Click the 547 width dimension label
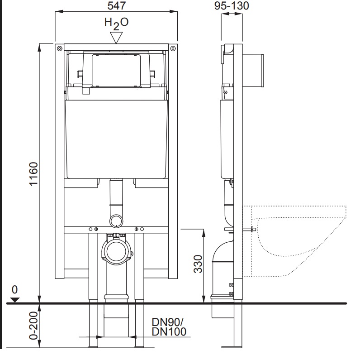coord(116,6)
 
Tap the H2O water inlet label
coord(116,24)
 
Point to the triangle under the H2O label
coord(116,38)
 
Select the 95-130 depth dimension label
coord(232,6)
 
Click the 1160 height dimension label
coord(34,174)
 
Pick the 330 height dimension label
coord(198,264)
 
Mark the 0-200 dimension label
coord(33,326)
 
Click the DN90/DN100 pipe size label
coord(169,327)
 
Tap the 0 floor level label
coord(14,290)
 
